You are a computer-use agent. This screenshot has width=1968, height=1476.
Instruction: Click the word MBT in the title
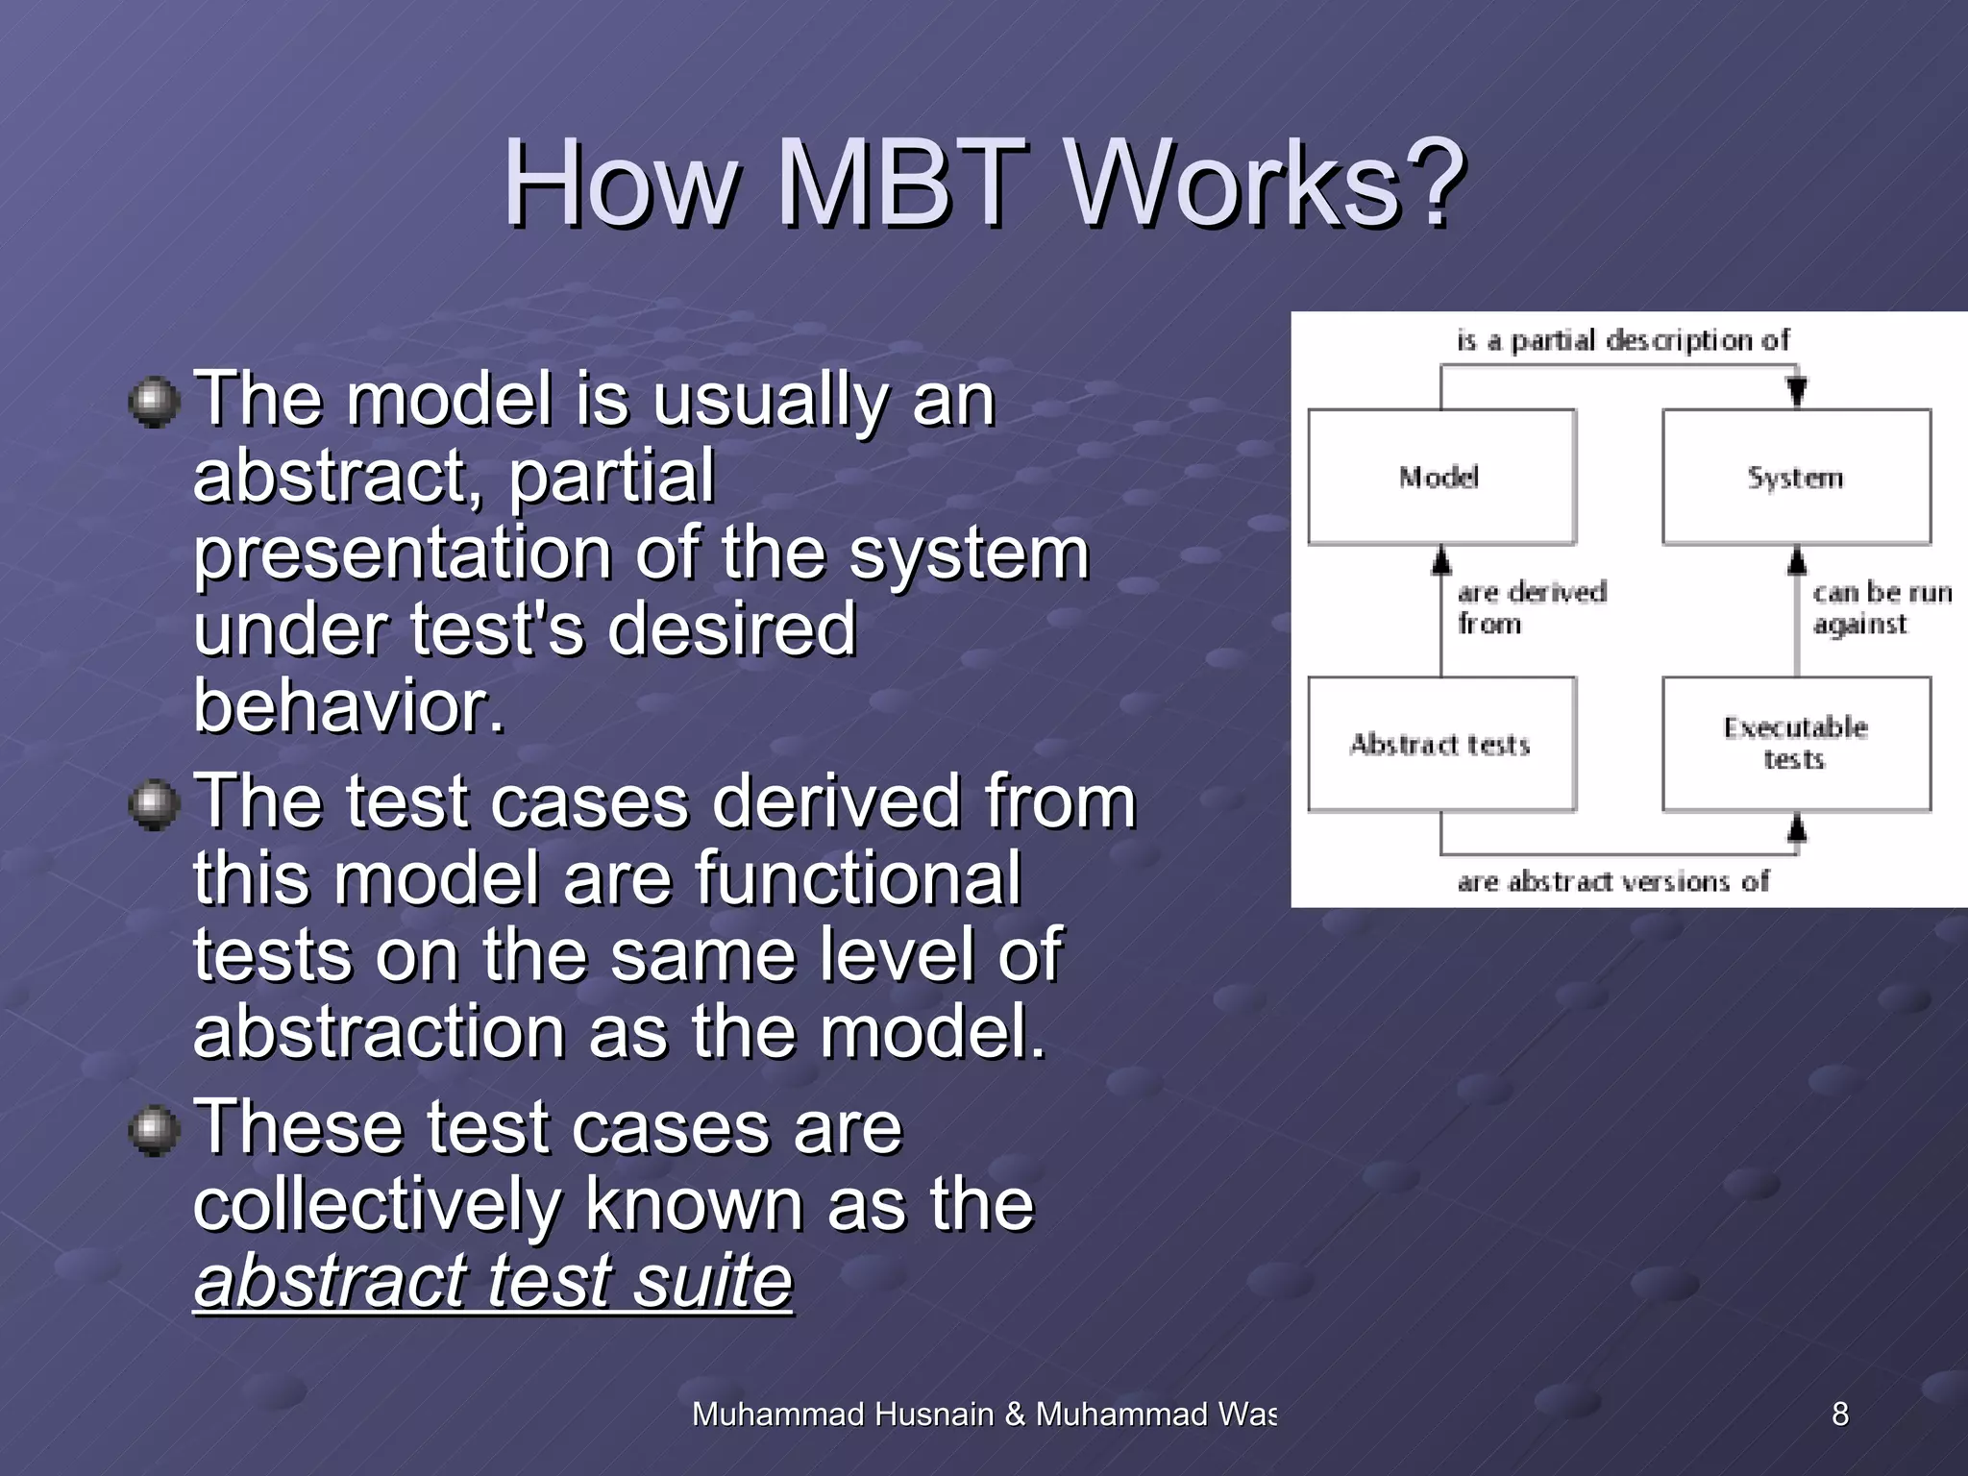click(x=898, y=183)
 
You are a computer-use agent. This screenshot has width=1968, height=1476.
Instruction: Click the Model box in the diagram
click(x=1440, y=478)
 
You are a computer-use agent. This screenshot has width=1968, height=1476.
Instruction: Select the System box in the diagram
click(x=1795, y=478)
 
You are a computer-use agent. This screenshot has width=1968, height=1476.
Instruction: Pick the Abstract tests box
click(x=1440, y=745)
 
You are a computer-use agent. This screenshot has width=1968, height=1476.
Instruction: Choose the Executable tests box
click(x=1795, y=743)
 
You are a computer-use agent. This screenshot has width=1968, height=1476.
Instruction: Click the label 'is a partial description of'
click(x=1622, y=340)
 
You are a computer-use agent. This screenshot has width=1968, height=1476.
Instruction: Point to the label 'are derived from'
click(x=1530, y=608)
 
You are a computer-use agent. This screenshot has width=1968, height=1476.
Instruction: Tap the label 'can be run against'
click(x=1879, y=608)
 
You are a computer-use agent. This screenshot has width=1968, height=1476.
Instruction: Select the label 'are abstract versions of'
click(x=1612, y=881)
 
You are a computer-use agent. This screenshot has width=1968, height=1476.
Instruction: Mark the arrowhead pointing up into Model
click(x=1440, y=561)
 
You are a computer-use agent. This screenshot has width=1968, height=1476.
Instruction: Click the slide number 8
click(x=1839, y=1414)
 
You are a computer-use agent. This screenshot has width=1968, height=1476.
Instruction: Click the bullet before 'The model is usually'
click(x=154, y=403)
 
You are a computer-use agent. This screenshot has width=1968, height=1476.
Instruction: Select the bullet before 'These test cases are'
click(x=154, y=1130)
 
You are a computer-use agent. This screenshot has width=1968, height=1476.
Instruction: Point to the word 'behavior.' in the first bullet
click(x=349, y=706)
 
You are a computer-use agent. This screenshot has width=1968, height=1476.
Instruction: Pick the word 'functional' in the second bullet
click(x=857, y=878)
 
